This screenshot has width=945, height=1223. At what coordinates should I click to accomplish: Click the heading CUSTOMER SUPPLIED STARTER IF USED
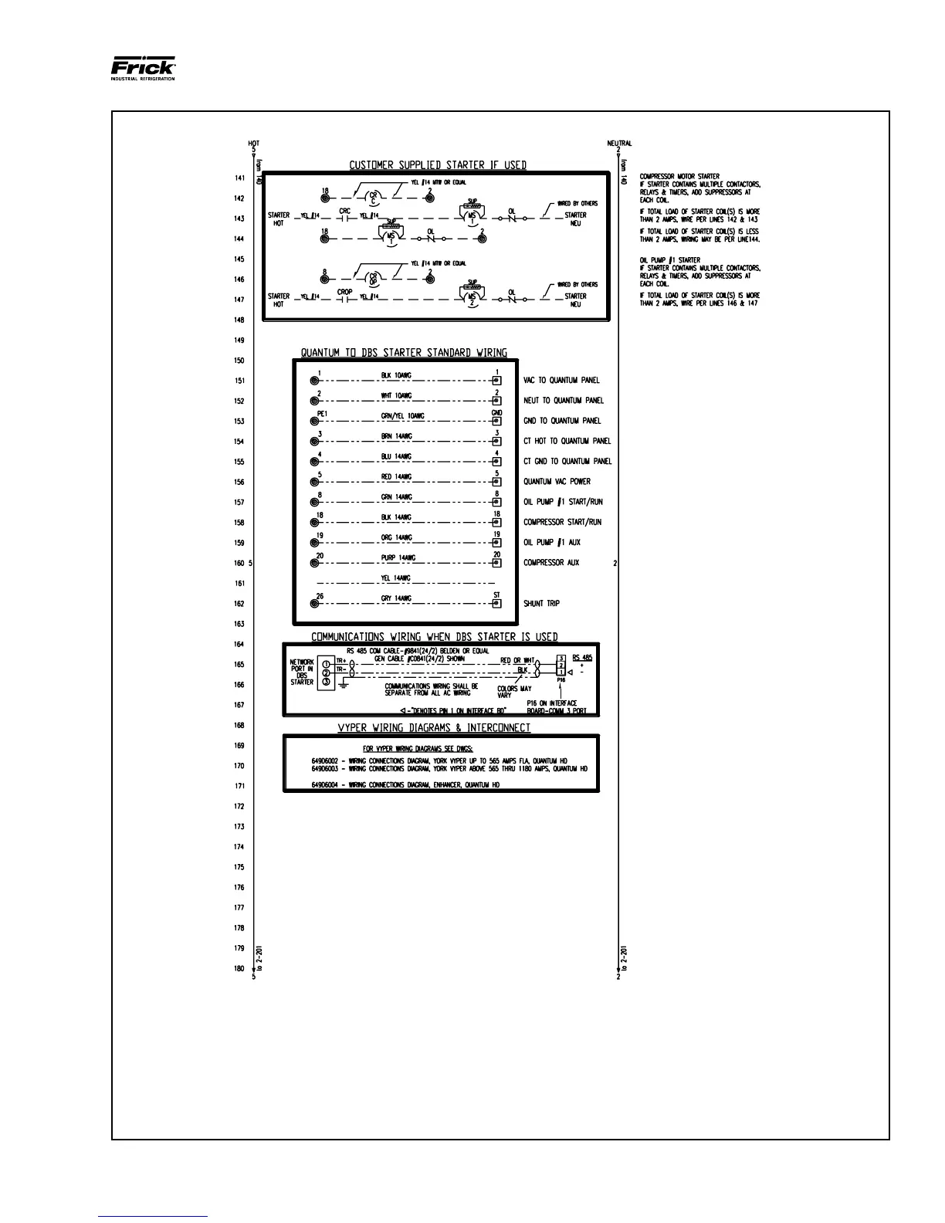[x=438, y=165]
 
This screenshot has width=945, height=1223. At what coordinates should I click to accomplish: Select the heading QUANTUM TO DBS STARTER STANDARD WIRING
[x=404, y=353]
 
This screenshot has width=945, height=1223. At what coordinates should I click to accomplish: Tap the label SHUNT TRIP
[x=541, y=604]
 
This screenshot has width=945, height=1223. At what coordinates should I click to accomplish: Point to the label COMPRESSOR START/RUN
[x=562, y=523]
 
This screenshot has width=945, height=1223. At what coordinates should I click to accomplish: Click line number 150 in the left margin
[x=239, y=361]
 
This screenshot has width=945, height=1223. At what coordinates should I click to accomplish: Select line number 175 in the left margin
[x=239, y=868]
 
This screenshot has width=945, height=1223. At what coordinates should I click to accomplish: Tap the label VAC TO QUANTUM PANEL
[x=561, y=381]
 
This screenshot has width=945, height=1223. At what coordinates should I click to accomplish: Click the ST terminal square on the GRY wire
[x=496, y=604]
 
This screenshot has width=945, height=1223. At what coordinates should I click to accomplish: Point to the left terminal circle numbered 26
[x=315, y=604]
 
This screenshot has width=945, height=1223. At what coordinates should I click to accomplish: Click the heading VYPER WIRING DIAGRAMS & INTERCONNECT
[x=434, y=728]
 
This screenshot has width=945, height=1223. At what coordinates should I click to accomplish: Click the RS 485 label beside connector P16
[x=582, y=658]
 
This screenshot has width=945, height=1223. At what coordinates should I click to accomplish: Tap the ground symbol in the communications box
[x=343, y=686]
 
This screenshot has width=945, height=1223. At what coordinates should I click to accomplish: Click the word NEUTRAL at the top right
[x=619, y=144]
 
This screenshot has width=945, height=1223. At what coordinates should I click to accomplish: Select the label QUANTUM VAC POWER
[x=557, y=482]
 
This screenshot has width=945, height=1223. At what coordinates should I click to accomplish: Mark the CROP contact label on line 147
[x=344, y=293]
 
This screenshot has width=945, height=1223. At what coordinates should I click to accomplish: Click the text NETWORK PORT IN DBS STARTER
[x=302, y=672]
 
